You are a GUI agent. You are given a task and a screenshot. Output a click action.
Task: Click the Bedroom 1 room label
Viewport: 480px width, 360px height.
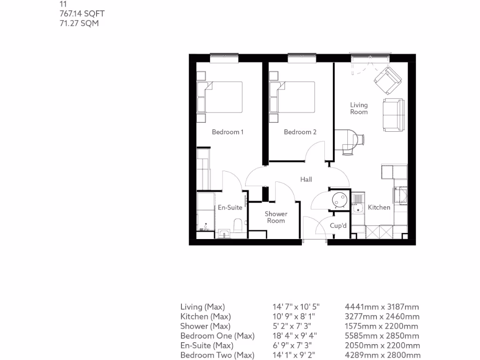tap(227, 132)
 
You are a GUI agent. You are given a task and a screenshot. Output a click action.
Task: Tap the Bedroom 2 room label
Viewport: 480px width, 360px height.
tap(300, 132)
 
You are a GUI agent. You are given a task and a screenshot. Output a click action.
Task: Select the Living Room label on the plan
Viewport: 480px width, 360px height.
tap(359, 108)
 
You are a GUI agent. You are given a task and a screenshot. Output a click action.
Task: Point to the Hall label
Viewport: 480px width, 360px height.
tap(306, 180)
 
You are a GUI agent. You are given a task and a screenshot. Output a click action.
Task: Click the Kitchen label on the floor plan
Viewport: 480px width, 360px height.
tap(379, 207)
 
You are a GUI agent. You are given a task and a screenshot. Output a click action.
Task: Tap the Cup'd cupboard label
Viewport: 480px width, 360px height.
tap(338, 226)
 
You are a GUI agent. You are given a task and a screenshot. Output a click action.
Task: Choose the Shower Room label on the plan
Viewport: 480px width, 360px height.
tap(276, 217)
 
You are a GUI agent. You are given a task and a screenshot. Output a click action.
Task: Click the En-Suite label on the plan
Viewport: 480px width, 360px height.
tap(230, 208)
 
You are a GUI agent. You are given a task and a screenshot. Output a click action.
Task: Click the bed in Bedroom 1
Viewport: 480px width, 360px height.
tap(220, 97)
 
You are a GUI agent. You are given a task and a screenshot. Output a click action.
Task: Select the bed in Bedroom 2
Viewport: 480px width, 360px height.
tap(292, 97)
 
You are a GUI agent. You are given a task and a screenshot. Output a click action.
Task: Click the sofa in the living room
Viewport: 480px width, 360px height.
tap(393, 115)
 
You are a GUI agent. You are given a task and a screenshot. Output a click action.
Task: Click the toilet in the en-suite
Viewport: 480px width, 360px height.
tap(238, 226)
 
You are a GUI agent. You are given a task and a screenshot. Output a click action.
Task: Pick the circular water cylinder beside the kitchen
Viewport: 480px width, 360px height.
tap(339, 199)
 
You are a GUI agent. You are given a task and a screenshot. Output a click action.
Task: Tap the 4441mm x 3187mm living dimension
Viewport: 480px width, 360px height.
tap(382, 307)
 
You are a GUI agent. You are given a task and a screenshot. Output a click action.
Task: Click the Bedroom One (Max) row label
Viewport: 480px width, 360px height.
tap(217, 336)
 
